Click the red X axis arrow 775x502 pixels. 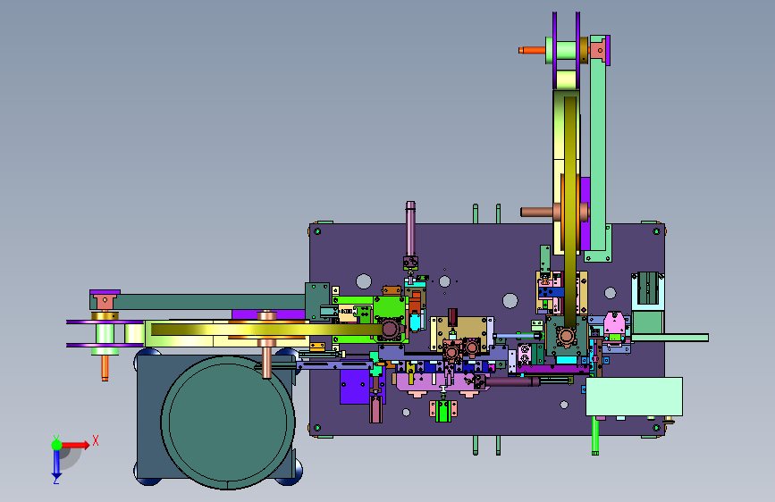point(74,445)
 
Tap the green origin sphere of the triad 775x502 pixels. point(56,445)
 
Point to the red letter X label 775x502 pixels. point(96,440)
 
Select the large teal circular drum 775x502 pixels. point(228,423)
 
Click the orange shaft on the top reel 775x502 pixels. point(532,50)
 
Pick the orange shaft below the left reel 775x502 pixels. point(105,368)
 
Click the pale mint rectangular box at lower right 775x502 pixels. point(634,397)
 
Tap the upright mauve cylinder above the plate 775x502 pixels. point(410,229)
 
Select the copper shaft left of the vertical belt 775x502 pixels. point(536,212)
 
